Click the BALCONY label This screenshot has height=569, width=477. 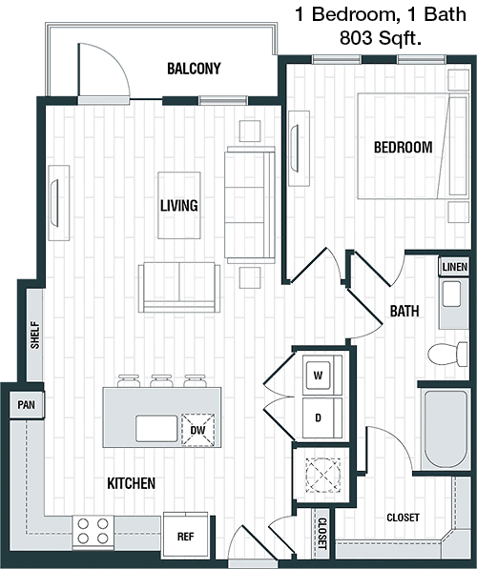[194, 69]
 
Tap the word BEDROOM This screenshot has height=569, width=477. [404, 148]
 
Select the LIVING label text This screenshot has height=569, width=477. [179, 205]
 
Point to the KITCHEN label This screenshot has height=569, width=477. [131, 483]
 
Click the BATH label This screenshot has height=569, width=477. [404, 311]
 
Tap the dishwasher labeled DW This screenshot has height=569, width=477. [197, 430]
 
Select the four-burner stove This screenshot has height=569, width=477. [93, 531]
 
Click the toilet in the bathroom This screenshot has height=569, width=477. [448, 355]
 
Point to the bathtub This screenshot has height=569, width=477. [445, 430]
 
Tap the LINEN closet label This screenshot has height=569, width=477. [455, 268]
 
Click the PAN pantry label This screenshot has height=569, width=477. [27, 405]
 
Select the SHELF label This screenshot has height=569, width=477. [35, 335]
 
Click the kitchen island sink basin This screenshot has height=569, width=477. [156, 429]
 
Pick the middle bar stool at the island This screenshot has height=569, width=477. [161, 381]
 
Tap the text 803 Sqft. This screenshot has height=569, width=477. [381, 38]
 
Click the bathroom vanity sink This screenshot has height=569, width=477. [451, 294]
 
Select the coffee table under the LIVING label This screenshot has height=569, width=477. [179, 205]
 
